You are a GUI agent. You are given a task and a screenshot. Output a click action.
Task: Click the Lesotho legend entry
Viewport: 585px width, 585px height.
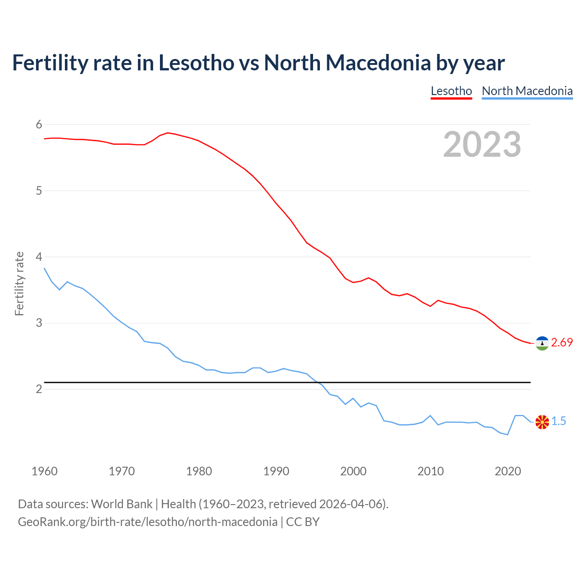[x=451, y=91]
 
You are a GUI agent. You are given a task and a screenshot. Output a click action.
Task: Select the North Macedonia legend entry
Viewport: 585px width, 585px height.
[x=527, y=91]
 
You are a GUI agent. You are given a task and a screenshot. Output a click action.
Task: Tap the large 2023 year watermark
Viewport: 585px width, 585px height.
[x=482, y=144]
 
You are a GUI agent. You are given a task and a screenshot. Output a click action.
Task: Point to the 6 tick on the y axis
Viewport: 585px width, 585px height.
[x=39, y=124]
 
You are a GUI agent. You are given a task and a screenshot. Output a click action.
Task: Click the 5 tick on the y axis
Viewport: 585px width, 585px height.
[x=39, y=191]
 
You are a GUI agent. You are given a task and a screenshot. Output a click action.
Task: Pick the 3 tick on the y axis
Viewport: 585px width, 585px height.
[x=39, y=323]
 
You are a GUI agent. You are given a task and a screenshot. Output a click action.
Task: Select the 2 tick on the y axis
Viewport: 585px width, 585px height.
[x=39, y=389]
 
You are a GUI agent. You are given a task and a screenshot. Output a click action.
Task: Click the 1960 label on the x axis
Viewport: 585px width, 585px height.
[x=44, y=471]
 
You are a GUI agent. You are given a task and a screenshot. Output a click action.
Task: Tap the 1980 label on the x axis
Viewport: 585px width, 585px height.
[x=199, y=471]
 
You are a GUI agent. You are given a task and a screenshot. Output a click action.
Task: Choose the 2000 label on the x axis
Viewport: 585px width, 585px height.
[x=353, y=471]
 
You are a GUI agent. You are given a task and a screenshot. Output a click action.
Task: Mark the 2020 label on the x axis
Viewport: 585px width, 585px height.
[x=508, y=471]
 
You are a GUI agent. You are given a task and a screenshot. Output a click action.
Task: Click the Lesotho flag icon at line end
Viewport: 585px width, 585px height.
[x=542, y=343]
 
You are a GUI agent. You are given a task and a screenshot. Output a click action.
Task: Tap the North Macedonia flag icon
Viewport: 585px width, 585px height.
[x=542, y=422]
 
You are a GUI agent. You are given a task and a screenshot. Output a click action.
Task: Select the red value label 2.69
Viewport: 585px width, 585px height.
[x=562, y=343]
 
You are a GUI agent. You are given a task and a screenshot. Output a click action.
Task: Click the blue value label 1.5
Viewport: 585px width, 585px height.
[x=558, y=421]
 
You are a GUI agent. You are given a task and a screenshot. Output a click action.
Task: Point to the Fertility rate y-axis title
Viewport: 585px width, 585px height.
[x=19, y=283]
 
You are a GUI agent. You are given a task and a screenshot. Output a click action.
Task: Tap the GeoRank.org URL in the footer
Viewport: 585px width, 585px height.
[x=147, y=522]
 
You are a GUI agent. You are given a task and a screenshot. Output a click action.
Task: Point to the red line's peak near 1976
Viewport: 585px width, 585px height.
[x=168, y=133]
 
